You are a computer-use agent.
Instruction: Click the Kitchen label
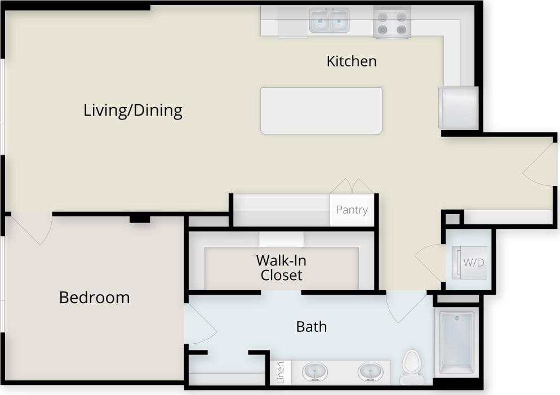(351, 61)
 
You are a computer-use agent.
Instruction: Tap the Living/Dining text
(133, 110)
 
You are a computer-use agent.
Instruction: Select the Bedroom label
(94, 297)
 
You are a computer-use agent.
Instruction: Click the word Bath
(311, 326)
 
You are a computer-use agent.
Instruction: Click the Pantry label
(352, 210)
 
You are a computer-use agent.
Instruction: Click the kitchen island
(321, 110)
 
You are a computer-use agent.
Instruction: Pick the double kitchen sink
(329, 21)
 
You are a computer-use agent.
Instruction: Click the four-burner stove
(392, 23)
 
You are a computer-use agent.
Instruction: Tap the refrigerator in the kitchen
(458, 107)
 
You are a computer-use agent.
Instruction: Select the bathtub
(456, 342)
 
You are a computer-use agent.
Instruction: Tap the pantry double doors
(352, 187)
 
